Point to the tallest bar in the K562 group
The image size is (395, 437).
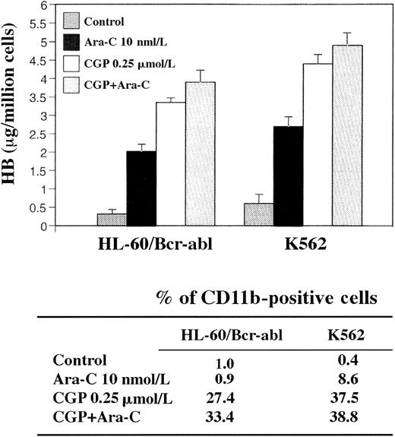point(350,135)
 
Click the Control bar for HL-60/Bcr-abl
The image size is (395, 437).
point(111,220)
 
